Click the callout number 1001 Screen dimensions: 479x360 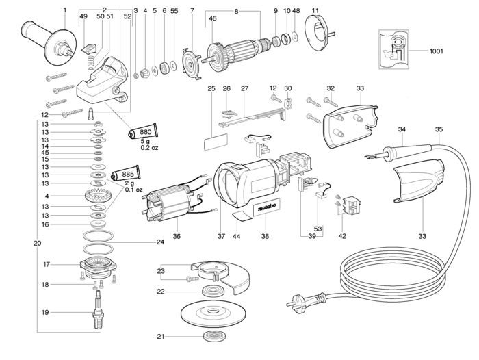(436, 51)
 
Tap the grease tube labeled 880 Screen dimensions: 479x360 (143, 131)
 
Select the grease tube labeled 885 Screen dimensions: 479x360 (125, 175)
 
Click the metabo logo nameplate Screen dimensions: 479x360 (266, 207)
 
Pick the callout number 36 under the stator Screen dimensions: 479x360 (177, 236)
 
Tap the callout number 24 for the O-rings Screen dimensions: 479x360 (160, 242)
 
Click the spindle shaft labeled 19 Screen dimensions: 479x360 (97, 309)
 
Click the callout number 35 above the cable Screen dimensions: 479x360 (439, 129)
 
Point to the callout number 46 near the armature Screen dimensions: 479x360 (213, 18)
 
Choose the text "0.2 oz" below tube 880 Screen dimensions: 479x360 (149, 148)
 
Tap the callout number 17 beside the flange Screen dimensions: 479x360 (46, 264)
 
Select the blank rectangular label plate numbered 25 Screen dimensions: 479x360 (216, 142)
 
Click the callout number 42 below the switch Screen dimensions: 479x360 (342, 236)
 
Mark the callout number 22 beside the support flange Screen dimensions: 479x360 (161, 292)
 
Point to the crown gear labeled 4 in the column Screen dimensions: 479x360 (98, 196)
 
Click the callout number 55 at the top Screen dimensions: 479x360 (174, 11)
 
